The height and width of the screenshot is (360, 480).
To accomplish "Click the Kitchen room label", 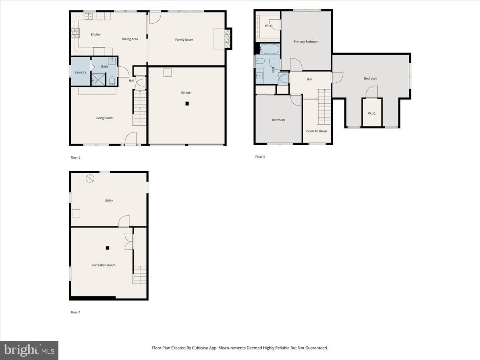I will (96, 34).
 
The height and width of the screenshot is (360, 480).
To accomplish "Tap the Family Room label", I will (184, 40).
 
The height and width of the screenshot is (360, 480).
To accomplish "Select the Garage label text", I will (185, 92).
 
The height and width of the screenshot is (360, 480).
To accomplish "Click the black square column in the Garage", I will (187, 104).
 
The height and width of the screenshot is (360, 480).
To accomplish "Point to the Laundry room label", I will (80, 72).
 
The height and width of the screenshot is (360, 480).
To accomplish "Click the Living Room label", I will (104, 118).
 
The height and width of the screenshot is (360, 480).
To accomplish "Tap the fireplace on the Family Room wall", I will (228, 39).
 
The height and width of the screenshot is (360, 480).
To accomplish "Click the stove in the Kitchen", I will (75, 32).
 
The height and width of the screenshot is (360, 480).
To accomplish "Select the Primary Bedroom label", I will (306, 42).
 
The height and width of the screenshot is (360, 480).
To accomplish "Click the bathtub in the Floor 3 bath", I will (270, 50).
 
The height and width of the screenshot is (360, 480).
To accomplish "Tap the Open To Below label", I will (317, 131).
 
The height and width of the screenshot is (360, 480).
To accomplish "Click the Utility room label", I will (109, 200).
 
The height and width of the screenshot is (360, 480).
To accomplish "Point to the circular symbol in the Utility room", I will (90, 178).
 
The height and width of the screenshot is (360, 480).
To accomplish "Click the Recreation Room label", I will (104, 265).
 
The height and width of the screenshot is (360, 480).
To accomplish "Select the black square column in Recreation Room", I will (107, 248).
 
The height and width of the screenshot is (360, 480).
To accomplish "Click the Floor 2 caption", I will (76, 158).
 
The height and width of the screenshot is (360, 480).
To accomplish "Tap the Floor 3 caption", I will (260, 157).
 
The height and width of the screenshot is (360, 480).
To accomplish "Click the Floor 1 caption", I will (76, 312).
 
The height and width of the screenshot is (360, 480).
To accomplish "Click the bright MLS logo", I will (29, 350).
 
